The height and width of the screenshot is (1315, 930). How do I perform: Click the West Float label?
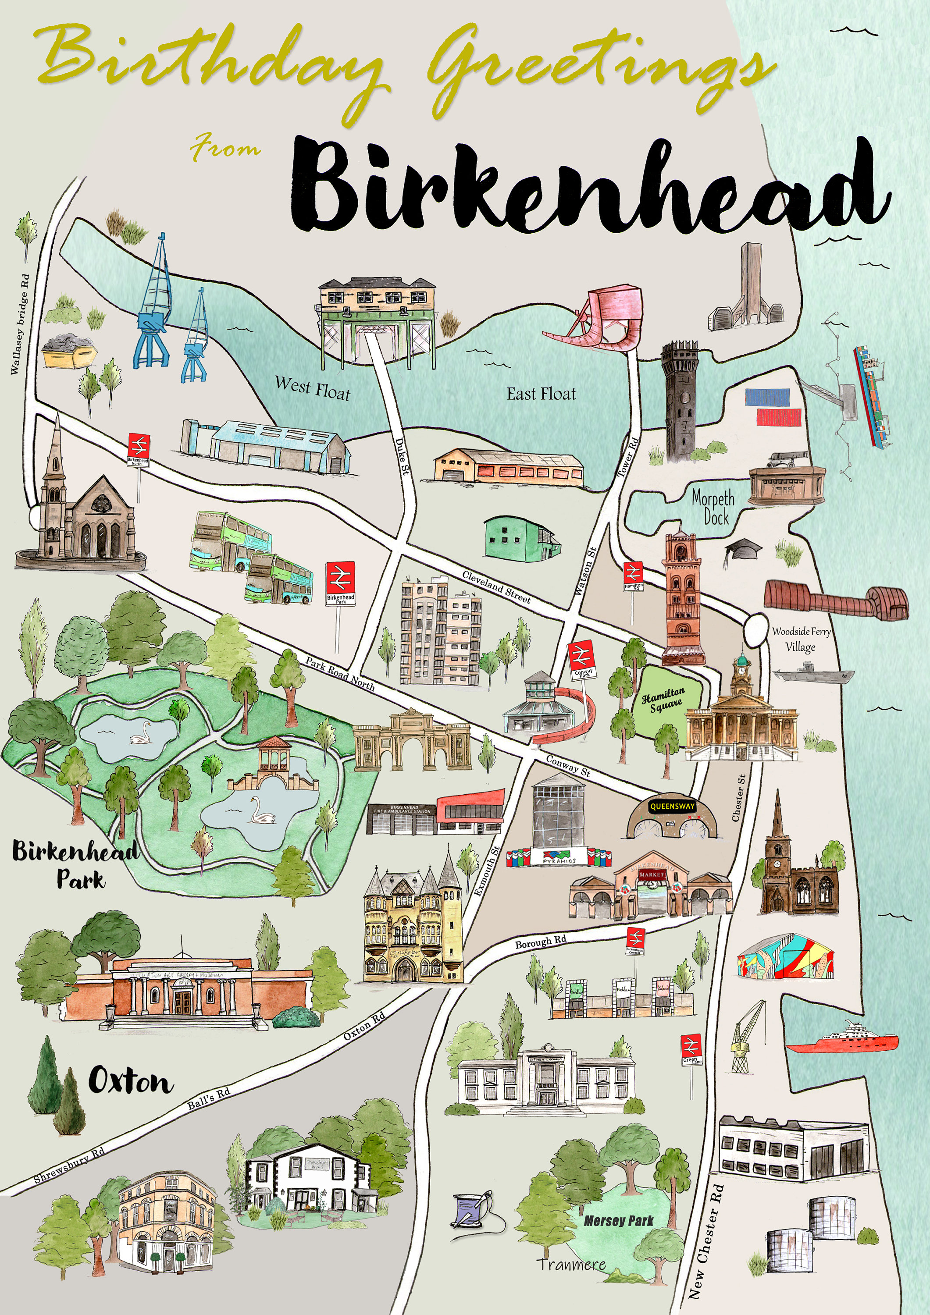[x=312, y=388]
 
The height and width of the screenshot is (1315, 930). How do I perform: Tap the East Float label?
[x=541, y=394]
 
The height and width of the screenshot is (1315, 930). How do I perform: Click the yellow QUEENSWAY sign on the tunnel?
[x=672, y=807]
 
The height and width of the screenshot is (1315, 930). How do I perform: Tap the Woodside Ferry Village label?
[x=801, y=639]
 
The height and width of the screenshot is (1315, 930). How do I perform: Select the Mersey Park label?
[x=618, y=1220]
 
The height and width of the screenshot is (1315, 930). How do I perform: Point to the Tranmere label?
[x=571, y=1264]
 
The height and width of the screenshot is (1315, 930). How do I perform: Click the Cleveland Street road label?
[x=496, y=587]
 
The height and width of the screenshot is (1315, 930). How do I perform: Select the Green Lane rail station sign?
[x=691, y=1048]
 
